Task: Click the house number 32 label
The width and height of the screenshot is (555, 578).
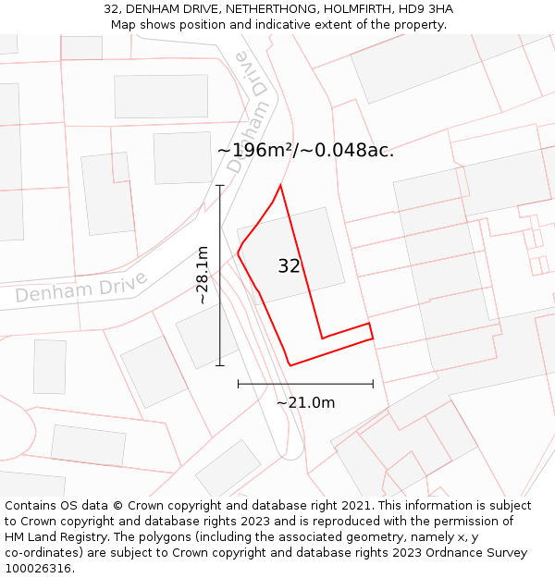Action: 290,266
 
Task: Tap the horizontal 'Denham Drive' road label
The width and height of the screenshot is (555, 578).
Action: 80,288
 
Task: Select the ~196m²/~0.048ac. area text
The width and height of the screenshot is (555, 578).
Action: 305,150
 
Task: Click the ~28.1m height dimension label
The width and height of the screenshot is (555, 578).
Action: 203,275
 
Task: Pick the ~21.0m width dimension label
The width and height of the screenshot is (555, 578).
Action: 305,402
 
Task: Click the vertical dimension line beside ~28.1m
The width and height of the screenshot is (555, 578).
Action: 220,277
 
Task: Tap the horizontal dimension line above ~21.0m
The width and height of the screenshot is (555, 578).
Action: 305,383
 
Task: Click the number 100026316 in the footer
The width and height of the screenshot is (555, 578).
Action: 39,569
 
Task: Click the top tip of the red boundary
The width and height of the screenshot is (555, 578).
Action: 279,185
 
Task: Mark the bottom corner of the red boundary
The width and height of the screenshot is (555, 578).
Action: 290,365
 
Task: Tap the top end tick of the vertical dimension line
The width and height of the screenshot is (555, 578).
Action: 220,186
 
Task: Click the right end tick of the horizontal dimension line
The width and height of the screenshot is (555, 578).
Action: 373,383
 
